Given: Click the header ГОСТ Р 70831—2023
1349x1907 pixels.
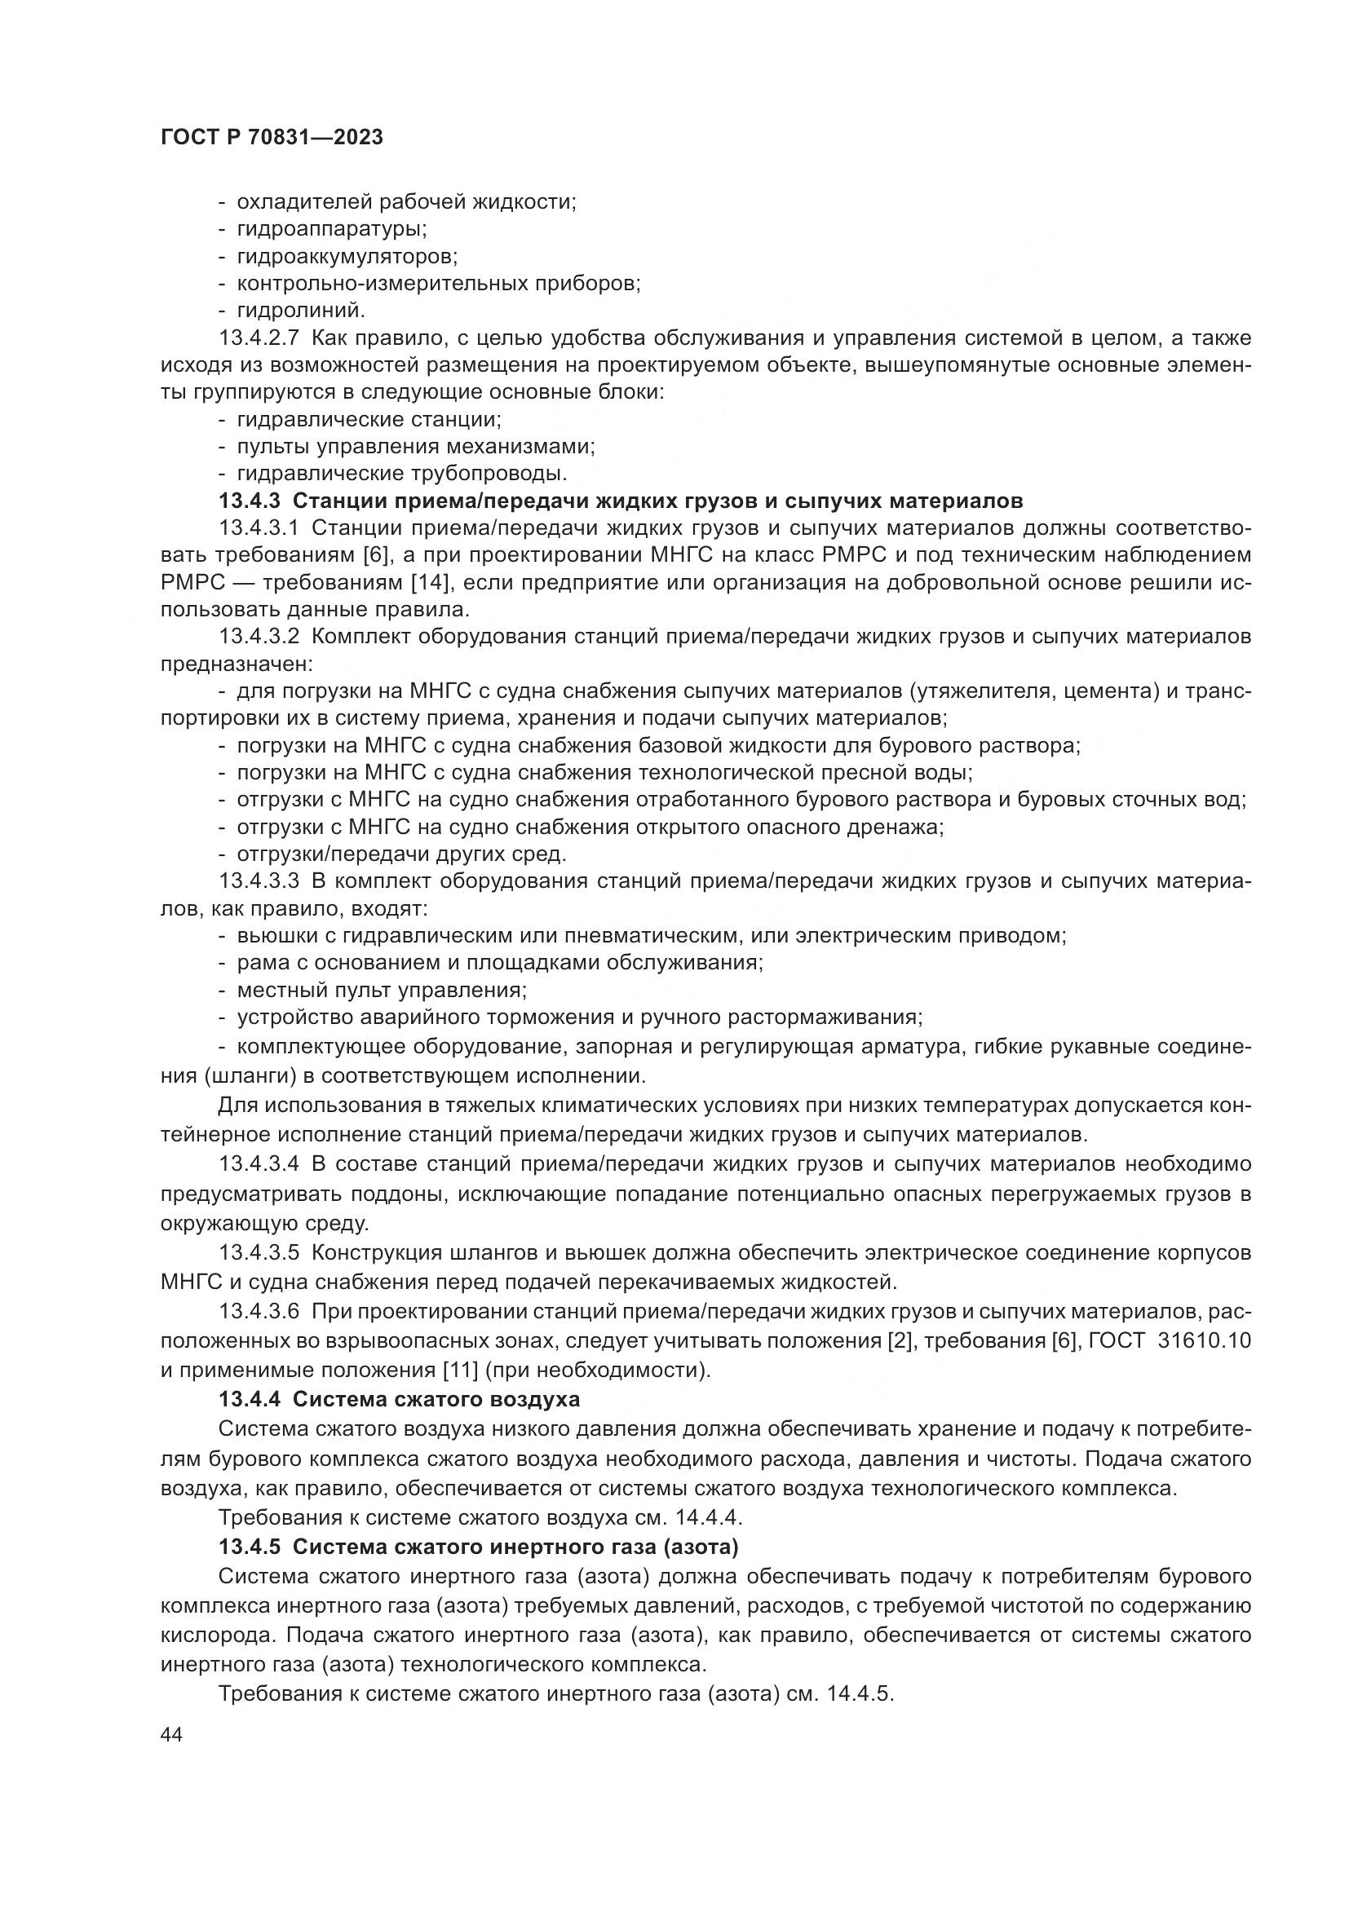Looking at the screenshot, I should tap(272, 138).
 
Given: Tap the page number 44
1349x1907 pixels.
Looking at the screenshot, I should tap(172, 1735).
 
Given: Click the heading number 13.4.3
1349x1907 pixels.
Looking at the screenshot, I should tap(250, 501).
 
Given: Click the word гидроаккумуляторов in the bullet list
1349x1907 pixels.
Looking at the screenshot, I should tap(347, 256).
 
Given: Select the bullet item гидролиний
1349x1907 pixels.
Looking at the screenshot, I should tap(301, 311).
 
